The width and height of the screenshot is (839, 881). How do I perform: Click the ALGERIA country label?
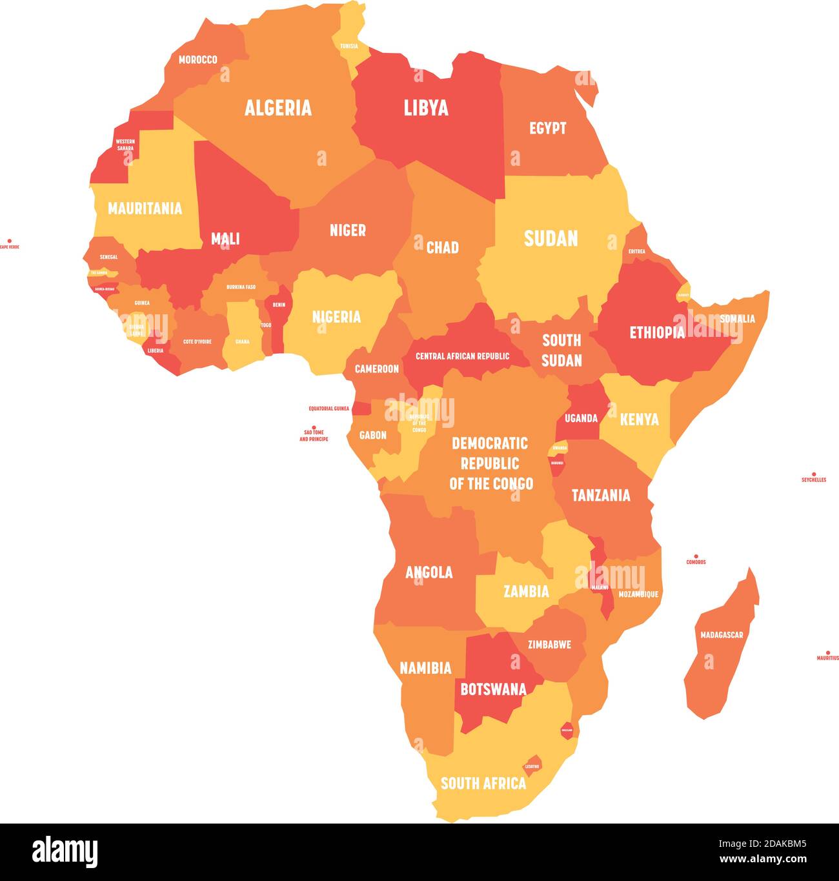(x=278, y=108)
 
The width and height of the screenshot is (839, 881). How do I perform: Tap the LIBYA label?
(x=426, y=108)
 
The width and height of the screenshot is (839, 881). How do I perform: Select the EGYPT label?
(x=547, y=128)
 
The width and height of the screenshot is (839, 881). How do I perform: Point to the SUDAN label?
(x=551, y=238)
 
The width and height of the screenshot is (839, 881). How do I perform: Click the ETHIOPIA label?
(x=657, y=332)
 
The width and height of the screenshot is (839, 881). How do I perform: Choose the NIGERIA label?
(x=336, y=317)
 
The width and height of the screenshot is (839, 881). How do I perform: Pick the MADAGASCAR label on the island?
(x=722, y=635)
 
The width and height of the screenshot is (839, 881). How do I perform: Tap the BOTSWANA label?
(x=493, y=689)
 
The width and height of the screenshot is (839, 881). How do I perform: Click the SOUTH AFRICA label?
(x=483, y=783)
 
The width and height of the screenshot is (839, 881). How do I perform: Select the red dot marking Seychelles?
(x=814, y=474)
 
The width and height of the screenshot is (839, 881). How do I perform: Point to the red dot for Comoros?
(x=696, y=556)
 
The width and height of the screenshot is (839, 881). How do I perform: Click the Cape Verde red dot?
(x=9, y=240)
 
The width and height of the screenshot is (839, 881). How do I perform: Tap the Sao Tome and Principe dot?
(x=314, y=427)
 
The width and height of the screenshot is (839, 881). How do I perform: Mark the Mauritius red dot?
(x=828, y=653)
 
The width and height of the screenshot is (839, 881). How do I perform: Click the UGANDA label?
(x=581, y=418)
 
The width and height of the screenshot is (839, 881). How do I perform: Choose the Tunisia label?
(x=349, y=46)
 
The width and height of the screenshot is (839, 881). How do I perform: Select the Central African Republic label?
(x=462, y=356)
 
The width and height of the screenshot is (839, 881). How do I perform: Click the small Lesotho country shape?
(x=532, y=763)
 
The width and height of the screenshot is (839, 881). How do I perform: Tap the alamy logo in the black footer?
(x=65, y=852)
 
